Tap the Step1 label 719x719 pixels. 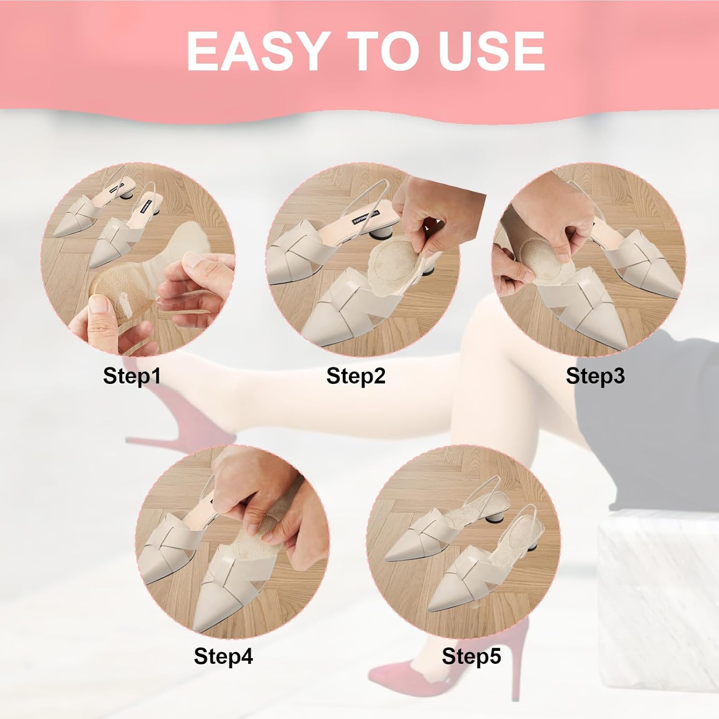pyautogui.click(x=132, y=376)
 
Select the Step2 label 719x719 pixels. pyautogui.click(x=356, y=376)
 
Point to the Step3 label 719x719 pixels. pyautogui.click(x=595, y=376)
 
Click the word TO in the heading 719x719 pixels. pyautogui.click(x=381, y=52)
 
